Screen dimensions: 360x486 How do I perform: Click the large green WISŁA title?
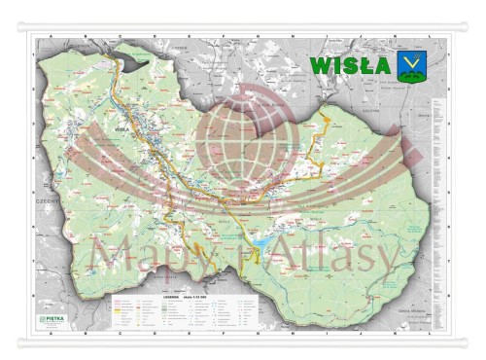[351, 65]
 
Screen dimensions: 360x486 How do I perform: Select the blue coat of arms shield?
[408, 65]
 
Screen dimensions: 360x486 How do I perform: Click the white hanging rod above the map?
[243, 27]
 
